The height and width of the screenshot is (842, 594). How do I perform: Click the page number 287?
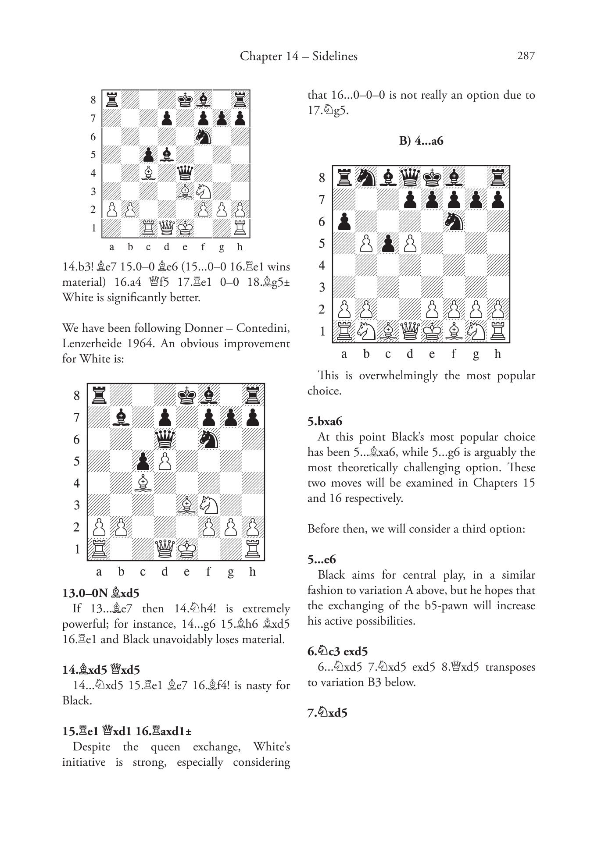point(526,56)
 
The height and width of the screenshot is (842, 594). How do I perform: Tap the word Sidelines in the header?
point(335,56)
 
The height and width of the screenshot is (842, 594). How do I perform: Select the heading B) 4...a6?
point(421,141)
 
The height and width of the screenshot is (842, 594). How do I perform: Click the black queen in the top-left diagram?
point(185,173)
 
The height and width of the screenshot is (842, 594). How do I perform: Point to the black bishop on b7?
point(121,418)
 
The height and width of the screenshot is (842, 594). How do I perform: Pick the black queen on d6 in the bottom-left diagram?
point(165,439)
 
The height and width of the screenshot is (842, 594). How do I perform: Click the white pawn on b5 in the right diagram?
point(366,243)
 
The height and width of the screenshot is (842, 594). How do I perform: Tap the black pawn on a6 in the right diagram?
point(344,221)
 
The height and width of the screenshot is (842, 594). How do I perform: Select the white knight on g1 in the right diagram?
point(476,331)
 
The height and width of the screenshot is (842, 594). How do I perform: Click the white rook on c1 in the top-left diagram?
point(148,227)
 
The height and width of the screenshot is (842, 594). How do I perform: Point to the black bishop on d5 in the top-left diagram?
point(167,155)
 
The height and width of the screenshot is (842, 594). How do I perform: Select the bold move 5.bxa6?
point(325,422)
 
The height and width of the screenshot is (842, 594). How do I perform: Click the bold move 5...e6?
point(322,559)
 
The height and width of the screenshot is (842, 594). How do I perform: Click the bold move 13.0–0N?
point(85,593)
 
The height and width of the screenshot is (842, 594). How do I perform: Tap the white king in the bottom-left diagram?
point(187,549)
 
